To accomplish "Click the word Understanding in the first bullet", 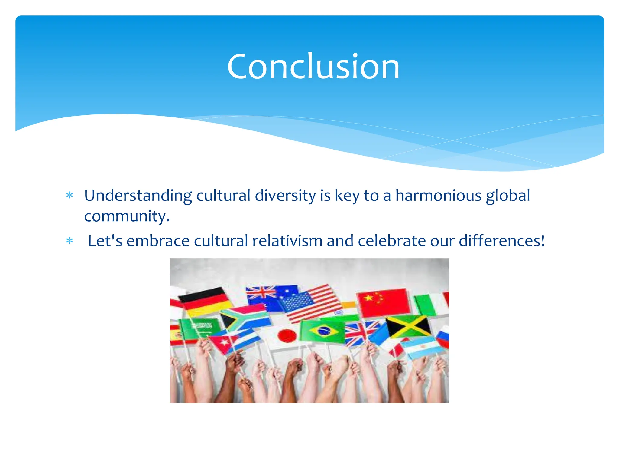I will tap(138, 196).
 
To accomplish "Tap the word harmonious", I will tap(438, 195).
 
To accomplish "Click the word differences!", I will tap(502, 241).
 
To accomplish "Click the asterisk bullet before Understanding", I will tap(70, 196).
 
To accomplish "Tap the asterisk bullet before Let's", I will tap(70, 241).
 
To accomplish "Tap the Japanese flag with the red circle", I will tap(284, 336).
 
